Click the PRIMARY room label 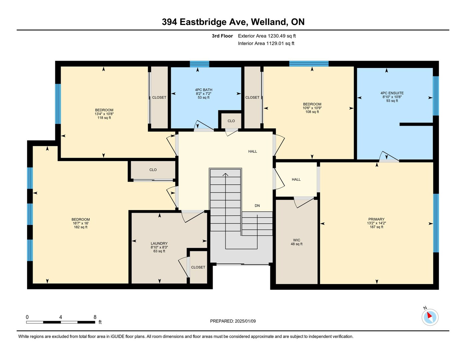[376, 219]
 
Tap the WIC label [296, 240]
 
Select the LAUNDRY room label [159, 243]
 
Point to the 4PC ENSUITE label [392, 93]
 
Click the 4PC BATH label [204, 90]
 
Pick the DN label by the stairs [257, 206]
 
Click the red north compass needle [429, 315]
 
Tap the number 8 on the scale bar [95, 317]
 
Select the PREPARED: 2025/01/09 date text [233, 321]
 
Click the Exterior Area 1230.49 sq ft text [267, 36]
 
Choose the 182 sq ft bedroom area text [81, 227]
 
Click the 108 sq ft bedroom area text [312, 112]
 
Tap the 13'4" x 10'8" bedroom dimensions [104, 114]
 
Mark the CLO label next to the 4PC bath [231, 121]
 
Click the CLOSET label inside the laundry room [198, 267]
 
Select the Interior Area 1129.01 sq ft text [266, 44]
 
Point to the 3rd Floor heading [222, 36]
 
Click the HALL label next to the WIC [296, 179]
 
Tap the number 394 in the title [169, 22]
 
